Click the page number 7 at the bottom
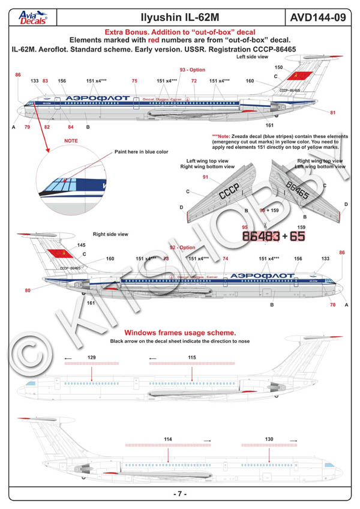pyautogui.click(x=180, y=493)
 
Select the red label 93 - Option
pyautogui.click(x=192, y=70)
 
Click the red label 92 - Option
pyautogui.click(x=183, y=247)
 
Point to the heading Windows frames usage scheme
pyautogui.click(x=179, y=333)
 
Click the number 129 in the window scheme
pyautogui.click(x=91, y=358)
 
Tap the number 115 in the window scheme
pyautogui.click(x=191, y=358)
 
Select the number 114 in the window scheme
pyautogui.click(x=168, y=439)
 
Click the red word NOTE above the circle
pyautogui.click(x=71, y=141)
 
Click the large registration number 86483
pyautogui.click(x=259, y=236)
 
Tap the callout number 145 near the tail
pyautogui.click(x=82, y=245)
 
